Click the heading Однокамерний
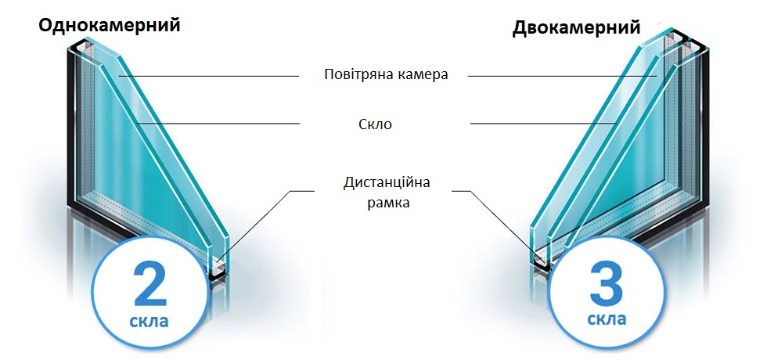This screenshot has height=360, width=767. click(110, 24)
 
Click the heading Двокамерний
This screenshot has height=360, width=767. click(576, 28)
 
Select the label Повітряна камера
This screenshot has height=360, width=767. click(385, 75)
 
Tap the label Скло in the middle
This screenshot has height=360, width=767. click(385, 124)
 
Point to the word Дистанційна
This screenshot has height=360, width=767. click(387, 183)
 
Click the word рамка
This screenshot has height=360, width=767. click(387, 203)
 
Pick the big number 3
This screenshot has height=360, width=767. click(607, 283)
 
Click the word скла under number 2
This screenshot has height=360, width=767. click(149, 321)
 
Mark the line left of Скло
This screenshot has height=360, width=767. click(227, 123)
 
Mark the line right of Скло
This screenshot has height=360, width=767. click(540, 123)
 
